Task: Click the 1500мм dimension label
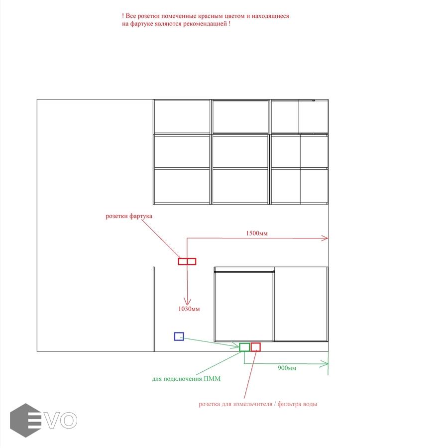pos(256,233)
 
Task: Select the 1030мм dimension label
pos(189,309)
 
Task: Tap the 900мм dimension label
pos(287,368)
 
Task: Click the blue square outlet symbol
pos(179,336)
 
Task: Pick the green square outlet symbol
pos(244,347)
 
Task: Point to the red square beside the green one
pos(255,347)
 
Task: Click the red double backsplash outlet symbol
pos(187,261)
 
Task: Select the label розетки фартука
pos(129,216)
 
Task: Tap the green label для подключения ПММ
pos(186,379)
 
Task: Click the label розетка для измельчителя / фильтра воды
pos(258,404)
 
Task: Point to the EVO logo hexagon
pos(25,420)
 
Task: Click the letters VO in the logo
pos(61,420)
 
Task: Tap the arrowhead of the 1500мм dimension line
pos(326,238)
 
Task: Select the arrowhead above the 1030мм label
pos(187,302)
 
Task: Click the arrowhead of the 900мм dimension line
pos(326,364)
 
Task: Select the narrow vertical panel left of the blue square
pos(154,310)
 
